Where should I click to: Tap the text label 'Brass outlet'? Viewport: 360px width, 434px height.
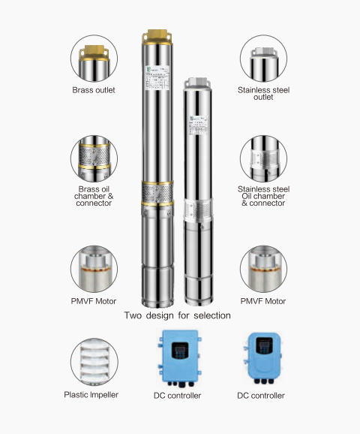[95, 89]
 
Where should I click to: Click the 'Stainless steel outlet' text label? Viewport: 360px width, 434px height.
[264, 93]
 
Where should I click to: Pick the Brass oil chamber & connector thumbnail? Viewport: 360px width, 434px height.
[95, 158]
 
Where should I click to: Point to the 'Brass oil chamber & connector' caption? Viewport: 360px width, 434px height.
[95, 196]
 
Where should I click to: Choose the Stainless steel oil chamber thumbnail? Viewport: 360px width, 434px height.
[264, 158]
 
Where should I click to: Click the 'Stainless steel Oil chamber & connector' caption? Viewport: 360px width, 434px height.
[264, 196]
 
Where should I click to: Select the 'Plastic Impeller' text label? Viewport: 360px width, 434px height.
[95, 394]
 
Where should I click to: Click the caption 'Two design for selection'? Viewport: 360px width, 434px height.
[177, 316]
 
